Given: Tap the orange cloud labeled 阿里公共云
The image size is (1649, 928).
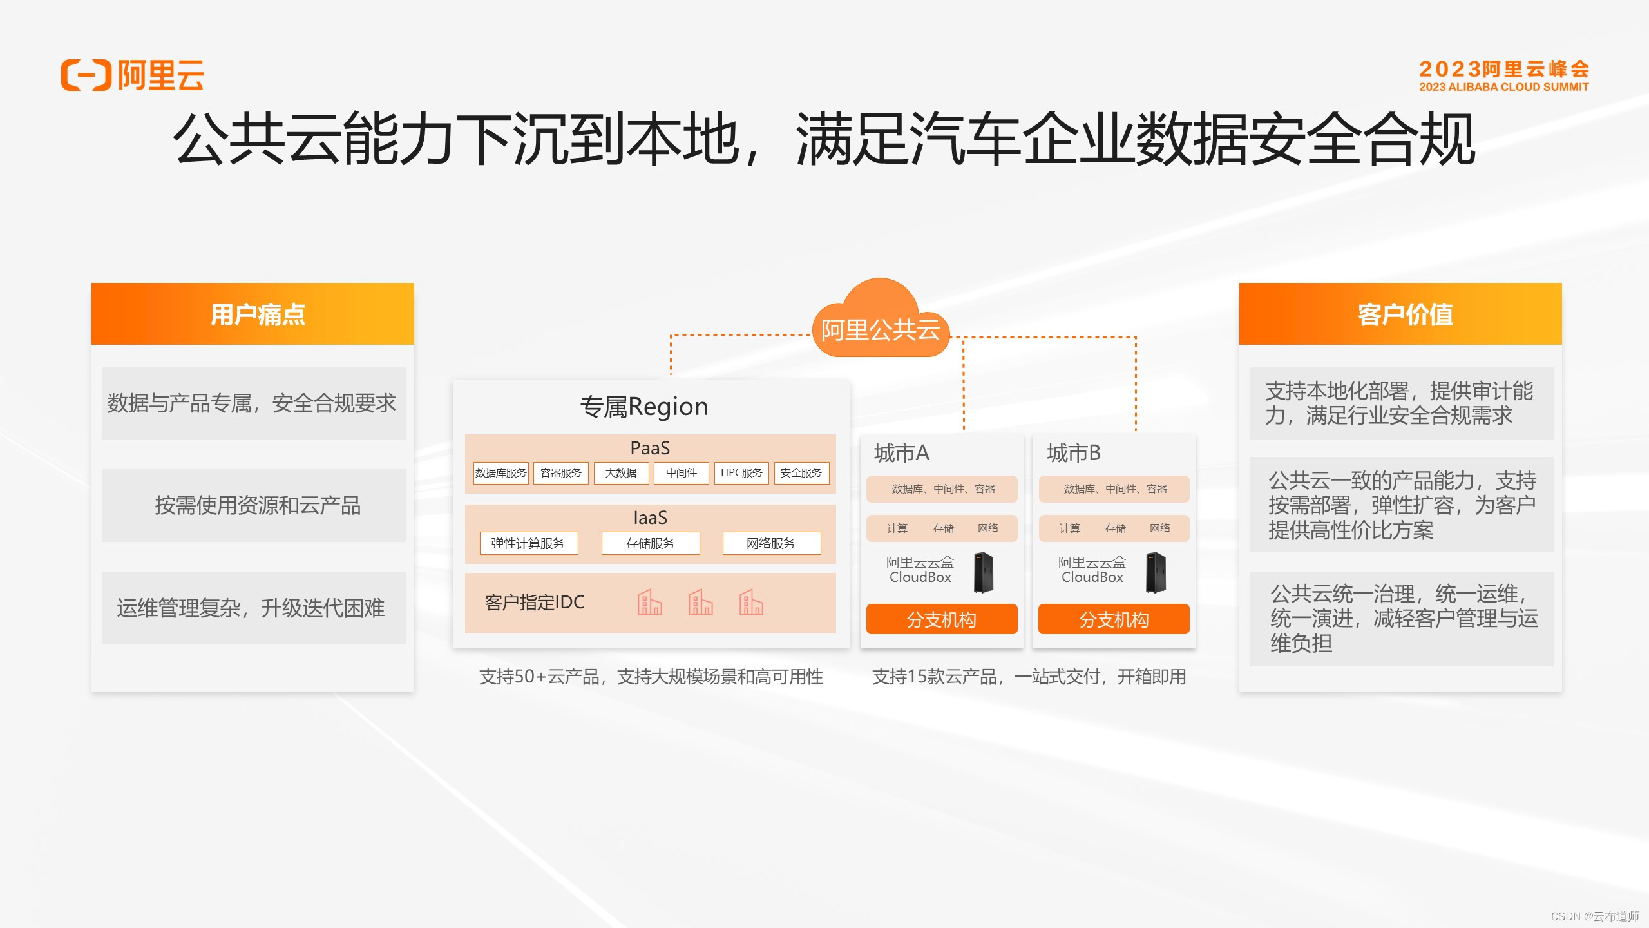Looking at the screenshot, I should pyautogui.click(x=881, y=326).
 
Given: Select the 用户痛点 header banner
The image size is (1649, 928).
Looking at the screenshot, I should pyautogui.click(x=253, y=314).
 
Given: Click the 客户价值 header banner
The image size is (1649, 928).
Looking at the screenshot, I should pyautogui.click(x=1400, y=314).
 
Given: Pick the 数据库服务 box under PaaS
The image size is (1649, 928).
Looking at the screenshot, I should pyautogui.click(x=501, y=473).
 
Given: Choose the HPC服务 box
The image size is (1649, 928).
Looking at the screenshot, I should pyautogui.click(x=741, y=473).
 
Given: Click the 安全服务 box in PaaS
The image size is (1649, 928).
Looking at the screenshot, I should pyautogui.click(x=801, y=473).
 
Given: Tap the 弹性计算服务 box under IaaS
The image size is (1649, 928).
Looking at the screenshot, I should pyautogui.click(x=528, y=543).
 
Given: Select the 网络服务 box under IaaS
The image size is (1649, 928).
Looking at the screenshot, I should pyautogui.click(x=771, y=543).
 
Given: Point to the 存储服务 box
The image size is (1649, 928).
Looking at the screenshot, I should pyautogui.click(x=651, y=543).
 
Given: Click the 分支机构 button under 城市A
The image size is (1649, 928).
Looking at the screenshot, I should pyautogui.click(x=942, y=619).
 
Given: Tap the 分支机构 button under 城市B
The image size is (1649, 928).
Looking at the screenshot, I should pyautogui.click(x=1114, y=619).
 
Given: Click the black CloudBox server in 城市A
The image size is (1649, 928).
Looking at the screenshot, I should pyautogui.click(x=984, y=572).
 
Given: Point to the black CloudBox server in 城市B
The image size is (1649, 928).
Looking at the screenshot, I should pyautogui.click(x=1156, y=572).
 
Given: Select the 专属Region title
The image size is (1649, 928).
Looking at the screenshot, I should pyautogui.click(x=644, y=407).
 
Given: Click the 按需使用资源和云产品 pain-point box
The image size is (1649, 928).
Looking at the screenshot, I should pyautogui.click(x=254, y=505).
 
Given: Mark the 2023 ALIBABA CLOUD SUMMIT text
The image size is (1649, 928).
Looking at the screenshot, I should pyautogui.click(x=1503, y=87).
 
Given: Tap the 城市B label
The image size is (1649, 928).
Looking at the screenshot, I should pyautogui.click(x=1074, y=453).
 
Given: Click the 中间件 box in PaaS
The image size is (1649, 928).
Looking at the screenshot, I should pyautogui.click(x=682, y=473).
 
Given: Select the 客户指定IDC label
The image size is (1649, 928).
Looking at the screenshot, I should pyautogui.click(x=535, y=603).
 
